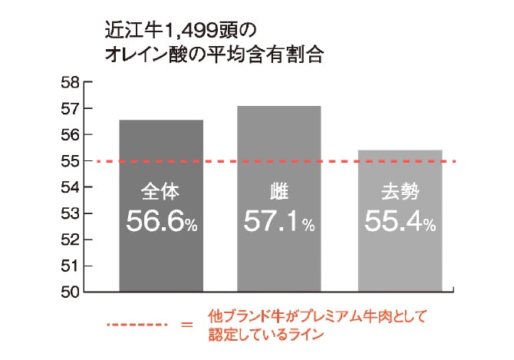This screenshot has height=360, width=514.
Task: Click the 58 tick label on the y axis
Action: (x=70, y=82)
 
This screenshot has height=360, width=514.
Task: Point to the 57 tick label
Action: (x=70, y=108)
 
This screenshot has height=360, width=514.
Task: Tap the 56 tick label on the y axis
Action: (x=70, y=134)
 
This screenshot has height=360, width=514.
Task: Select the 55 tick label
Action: (x=70, y=161)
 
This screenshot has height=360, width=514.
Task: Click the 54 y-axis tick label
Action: (x=70, y=187)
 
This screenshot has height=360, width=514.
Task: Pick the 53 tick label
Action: (x=70, y=213)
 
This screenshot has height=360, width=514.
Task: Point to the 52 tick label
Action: (x=70, y=239)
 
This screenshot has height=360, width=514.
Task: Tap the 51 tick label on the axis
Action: (x=70, y=266)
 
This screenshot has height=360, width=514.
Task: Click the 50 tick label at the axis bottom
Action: (x=70, y=292)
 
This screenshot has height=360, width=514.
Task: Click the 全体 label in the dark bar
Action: (x=160, y=192)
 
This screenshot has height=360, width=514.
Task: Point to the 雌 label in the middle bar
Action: (x=278, y=192)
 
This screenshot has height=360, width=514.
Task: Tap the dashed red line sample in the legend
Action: (x=137, y=324)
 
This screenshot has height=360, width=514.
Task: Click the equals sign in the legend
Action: (x=186, y=325)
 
